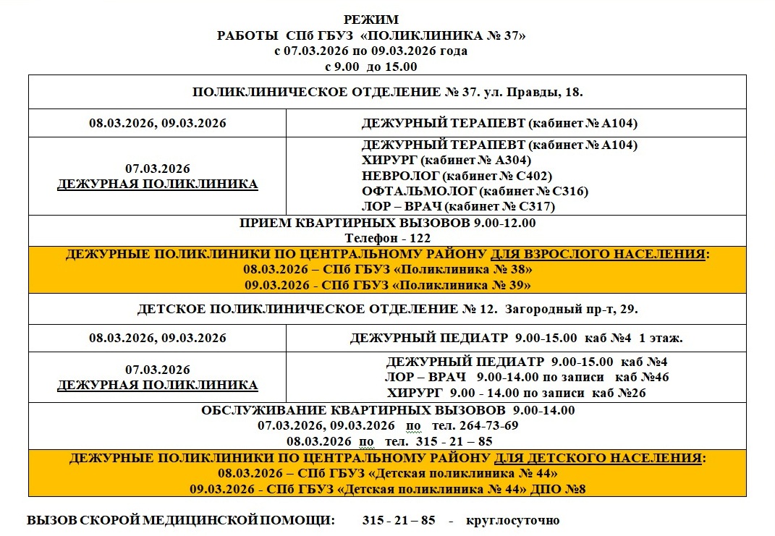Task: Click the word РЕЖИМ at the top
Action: (371, 20)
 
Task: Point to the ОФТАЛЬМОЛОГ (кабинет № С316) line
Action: (475, 192)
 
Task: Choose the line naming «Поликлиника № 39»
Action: (388, 285)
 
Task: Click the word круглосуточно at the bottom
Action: (512, 521)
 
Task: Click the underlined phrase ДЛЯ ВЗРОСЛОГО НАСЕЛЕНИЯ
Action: (598, 255)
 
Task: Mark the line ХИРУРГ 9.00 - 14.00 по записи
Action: (516, 394)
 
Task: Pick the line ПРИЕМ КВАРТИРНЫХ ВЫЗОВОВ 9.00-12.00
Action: (387, 223)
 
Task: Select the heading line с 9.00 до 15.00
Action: (371, 67)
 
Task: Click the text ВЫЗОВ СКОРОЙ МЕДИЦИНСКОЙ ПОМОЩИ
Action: (181, 521)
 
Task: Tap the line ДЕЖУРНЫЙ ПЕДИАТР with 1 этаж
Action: (517, 338)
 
